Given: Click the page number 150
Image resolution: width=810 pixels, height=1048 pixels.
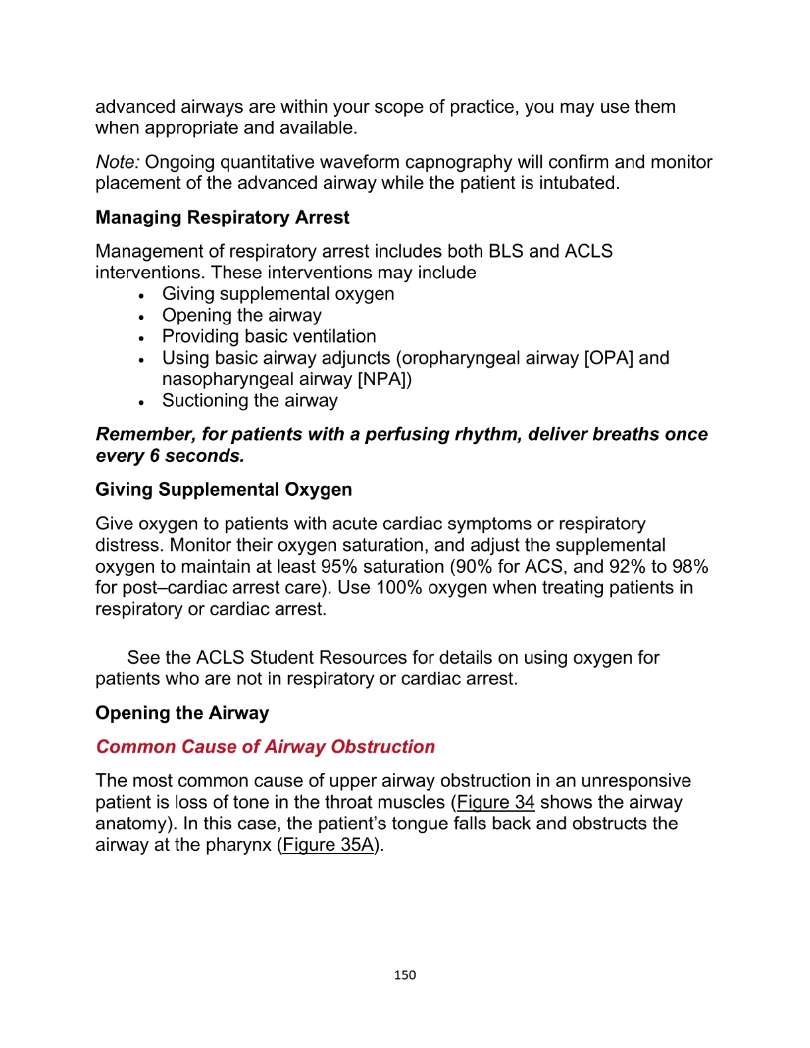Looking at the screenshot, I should [404, 975].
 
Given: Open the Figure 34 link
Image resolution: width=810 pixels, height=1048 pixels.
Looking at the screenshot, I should [495, 802].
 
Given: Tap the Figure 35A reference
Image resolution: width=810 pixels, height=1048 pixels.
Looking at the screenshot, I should [328, 845].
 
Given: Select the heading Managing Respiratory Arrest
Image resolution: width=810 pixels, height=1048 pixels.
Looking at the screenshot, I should [222, 218].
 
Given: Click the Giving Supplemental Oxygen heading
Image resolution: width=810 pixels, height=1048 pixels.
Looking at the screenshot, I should [224, 490].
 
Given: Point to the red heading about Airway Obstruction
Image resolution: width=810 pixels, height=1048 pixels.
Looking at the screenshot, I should [265, 747].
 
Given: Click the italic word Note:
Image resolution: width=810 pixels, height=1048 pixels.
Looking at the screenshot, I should [118, 163].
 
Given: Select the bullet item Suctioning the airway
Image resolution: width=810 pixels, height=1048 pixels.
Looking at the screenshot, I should [250, 401].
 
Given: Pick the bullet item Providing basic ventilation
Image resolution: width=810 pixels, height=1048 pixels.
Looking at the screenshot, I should [269, 337].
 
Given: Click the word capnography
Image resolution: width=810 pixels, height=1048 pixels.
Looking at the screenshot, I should [457, 163].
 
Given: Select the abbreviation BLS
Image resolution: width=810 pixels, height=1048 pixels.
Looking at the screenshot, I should [506, 252].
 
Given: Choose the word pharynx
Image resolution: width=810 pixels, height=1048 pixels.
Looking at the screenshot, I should [238, 845].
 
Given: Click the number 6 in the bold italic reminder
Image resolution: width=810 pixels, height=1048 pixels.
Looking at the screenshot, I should [154, 456].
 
